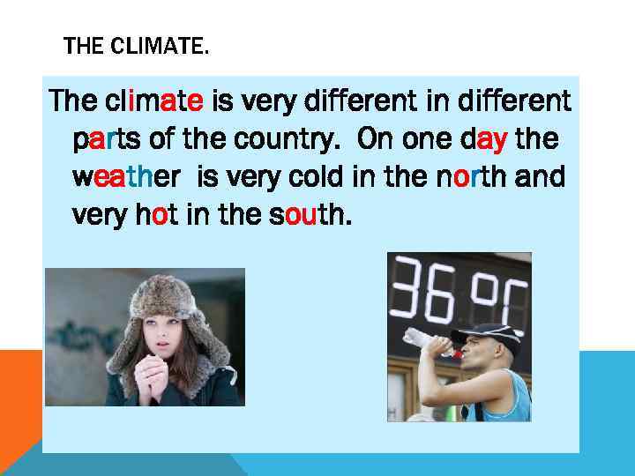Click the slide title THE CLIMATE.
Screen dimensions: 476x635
137,46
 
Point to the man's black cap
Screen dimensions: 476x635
486,334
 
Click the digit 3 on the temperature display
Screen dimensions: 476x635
413,288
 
